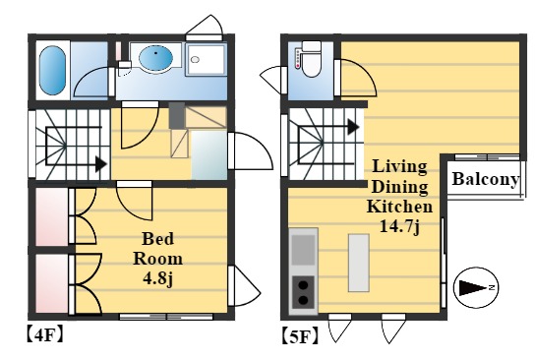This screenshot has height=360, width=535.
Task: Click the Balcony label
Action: tap(485, 179)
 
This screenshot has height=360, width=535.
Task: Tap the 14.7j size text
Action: tap(399, 226)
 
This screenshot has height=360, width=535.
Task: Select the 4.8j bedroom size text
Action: tap(158, 279)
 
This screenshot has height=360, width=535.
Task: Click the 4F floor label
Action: tap(44, 335)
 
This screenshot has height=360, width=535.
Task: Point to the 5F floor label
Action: tap(300, 336)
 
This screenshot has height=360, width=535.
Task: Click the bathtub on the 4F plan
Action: tap(52, 71)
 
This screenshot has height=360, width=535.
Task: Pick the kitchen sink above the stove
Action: tap(303, 250)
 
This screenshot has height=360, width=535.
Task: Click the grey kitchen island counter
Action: tap(359, 263)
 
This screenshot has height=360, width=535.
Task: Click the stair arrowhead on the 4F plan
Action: tap(101, 164)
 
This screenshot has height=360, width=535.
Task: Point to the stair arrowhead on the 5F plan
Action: tap(353, 127)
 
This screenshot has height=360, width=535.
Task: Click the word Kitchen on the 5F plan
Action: tap(399, 207)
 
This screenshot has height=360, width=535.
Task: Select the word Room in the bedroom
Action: tap(157, 259)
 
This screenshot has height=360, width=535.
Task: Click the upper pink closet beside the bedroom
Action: tap(52, 216)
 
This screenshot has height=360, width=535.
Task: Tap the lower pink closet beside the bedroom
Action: tap(52, 283)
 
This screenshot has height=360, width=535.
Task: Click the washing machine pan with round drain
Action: tap(207, 60)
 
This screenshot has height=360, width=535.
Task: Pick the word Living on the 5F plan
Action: tap(399, 166)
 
